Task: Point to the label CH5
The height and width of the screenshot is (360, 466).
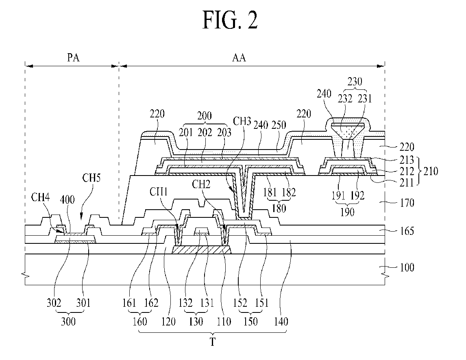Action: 91,178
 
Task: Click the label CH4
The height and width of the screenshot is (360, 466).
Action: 40,197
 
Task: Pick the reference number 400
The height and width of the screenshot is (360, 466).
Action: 67,200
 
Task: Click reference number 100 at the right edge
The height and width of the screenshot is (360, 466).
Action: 407,267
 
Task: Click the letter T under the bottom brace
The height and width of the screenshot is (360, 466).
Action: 213,342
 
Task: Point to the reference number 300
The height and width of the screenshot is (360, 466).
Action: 68,321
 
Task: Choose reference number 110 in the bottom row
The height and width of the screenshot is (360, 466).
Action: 224,321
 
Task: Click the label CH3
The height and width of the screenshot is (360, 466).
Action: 242,121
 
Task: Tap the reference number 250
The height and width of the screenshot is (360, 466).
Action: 279,125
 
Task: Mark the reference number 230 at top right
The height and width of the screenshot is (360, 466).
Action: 355,81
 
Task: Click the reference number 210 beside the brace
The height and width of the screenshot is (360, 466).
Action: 431,171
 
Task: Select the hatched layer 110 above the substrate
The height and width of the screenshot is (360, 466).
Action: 202,250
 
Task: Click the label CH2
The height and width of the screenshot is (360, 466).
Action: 201,184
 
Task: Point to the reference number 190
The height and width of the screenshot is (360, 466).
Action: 347,212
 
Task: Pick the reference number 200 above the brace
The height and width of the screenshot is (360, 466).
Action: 205,115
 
